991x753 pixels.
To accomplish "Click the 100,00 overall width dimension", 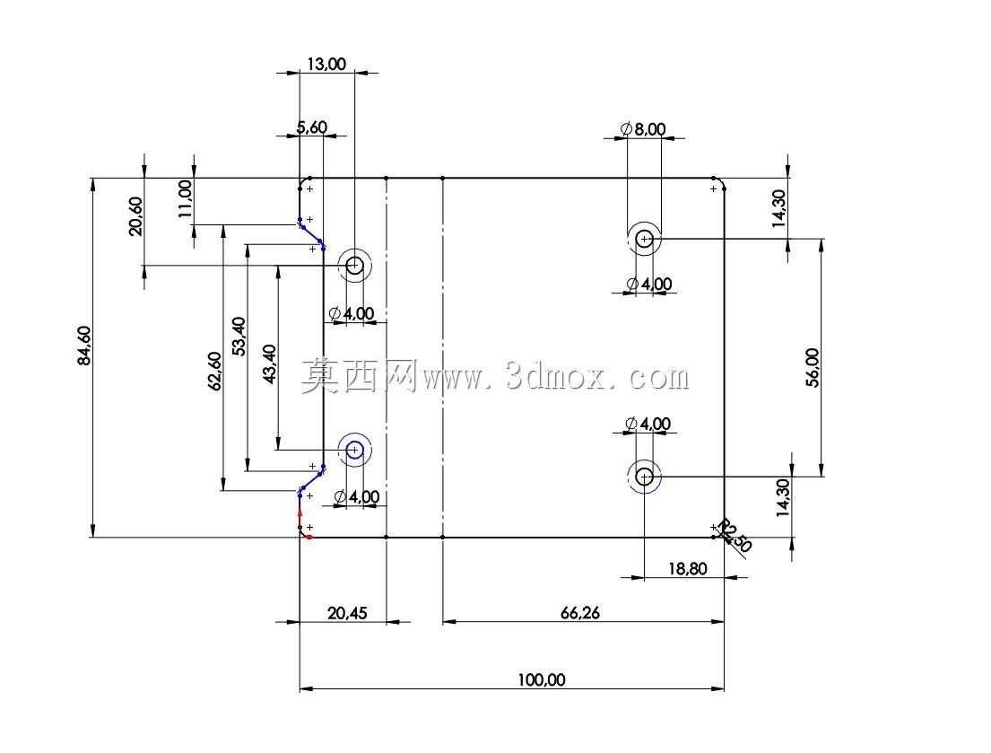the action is point(542,680).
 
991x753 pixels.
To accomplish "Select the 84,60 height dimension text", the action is point(84,346).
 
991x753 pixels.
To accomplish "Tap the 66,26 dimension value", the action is point(580,613).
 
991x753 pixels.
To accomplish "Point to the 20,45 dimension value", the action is point(347,613).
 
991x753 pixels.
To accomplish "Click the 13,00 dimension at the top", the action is point(326,64).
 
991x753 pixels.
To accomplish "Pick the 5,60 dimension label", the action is point(312,127).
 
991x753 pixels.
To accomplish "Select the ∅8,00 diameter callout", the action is point(643,129).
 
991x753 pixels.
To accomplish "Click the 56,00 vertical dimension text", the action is point(813,367).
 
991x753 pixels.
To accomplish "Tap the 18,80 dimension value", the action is point(688,569).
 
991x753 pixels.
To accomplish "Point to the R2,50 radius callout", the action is point(735,536).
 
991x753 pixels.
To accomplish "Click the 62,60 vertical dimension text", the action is point(215,372).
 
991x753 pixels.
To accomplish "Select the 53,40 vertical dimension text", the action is point(239,337).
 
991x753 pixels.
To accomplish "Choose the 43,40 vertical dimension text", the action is point(269,364).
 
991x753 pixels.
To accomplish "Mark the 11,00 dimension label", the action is point(185,199).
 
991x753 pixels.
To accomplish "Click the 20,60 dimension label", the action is point(136,216).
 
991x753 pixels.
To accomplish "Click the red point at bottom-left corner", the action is point(309,538).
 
